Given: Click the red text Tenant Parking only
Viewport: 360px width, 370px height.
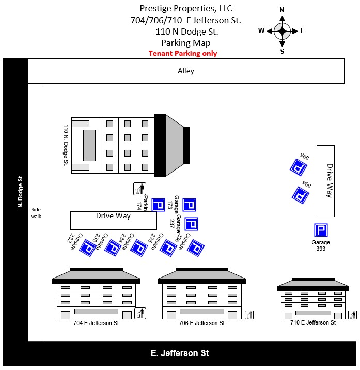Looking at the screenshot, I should pos(183,53).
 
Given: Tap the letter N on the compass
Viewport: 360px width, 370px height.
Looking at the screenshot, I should pos(282,10).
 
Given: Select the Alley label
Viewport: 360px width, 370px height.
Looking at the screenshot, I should pos(186,71).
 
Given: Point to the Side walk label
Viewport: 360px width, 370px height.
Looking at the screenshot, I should pos(36,213).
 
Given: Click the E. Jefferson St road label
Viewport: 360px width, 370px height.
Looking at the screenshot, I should pos(180,353).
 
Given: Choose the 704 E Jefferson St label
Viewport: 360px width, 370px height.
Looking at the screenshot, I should pos(96,323).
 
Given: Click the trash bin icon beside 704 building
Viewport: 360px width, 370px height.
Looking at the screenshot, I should pos(140,313).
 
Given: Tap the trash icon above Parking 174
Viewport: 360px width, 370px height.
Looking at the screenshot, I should pos(139,190).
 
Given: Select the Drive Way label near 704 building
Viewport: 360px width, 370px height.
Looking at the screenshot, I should pos(113,215).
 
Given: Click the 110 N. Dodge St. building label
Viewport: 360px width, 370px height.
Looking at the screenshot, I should pos(66,145).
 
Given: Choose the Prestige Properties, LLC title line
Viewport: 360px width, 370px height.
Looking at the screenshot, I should pos(186,8).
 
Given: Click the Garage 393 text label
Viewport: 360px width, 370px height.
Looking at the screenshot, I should pos(321,245).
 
